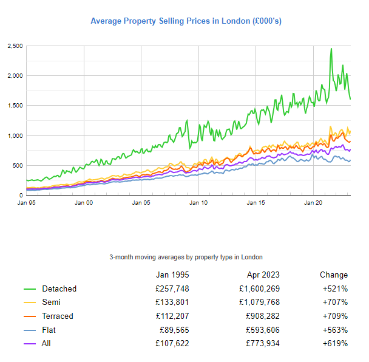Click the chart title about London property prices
click(x=186, y=21)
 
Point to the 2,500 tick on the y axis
click(x=15, y=46)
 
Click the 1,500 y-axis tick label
click(x=15, y=106)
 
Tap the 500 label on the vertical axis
click(x=18, y=165)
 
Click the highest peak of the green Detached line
click(x=331, y=49)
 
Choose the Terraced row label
click(x=58, y=316)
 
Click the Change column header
click(x=334, y=275)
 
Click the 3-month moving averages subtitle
click(x=186, y=257)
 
